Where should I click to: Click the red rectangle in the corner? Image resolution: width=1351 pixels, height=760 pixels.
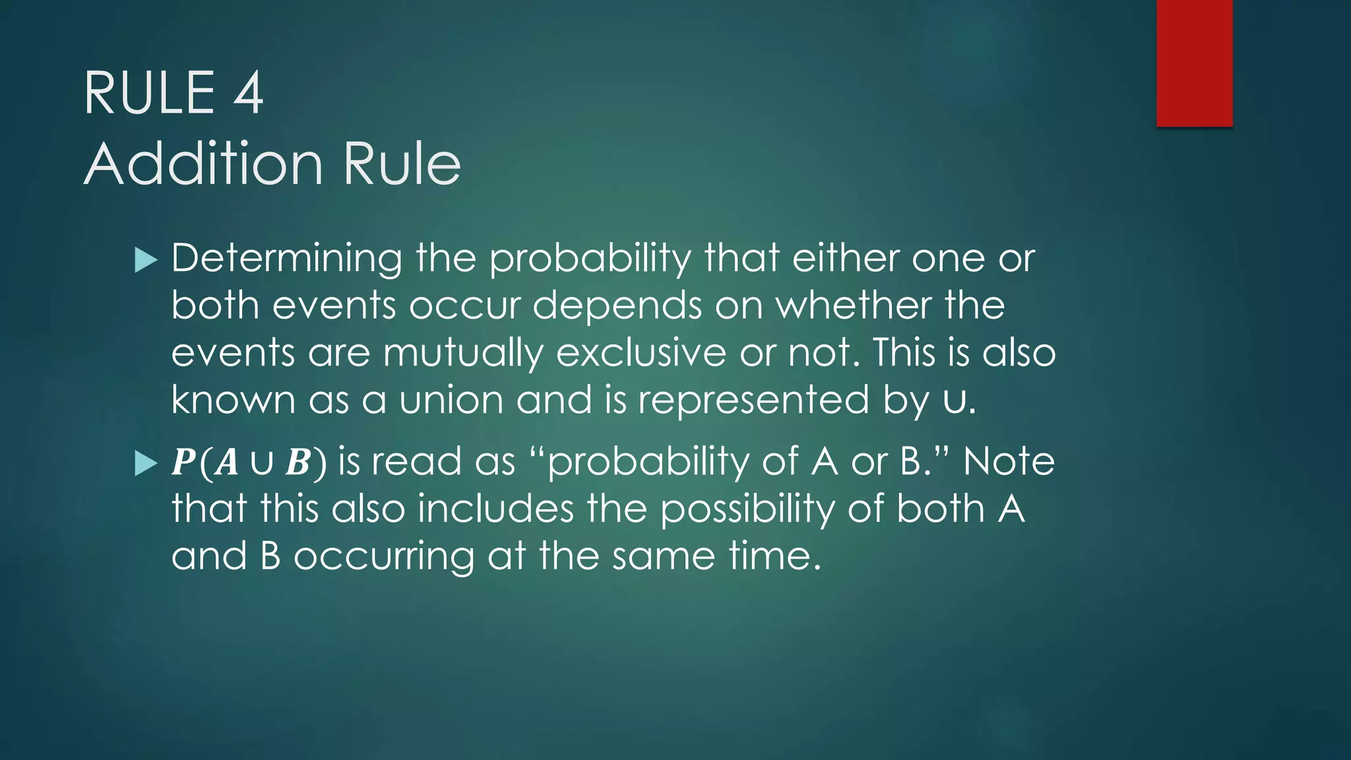[1194, 63]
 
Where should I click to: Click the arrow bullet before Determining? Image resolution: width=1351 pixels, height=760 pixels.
[146, 259]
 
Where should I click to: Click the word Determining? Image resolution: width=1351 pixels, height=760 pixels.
[286, 258]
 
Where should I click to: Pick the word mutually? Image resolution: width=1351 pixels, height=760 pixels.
[463, 354]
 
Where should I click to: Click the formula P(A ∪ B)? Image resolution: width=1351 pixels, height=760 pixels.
[249, 462]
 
